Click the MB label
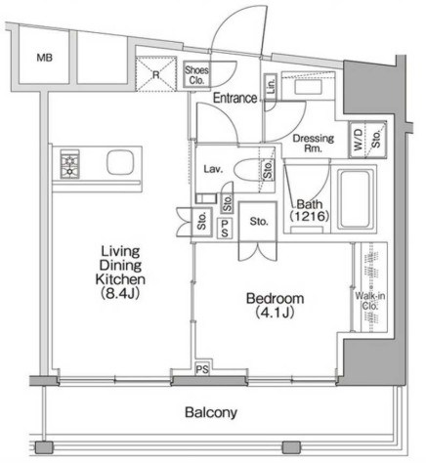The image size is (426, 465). (45, 58)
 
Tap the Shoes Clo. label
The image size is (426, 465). (196, 75)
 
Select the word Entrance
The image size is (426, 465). (234, 98)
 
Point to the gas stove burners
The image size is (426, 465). (69, 164)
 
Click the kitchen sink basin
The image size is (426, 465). (120, 162)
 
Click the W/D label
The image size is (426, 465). (358, 140)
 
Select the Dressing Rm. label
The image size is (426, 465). (314, 144)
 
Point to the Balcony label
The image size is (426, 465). (211, 412)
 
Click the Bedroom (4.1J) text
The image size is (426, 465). (275, 305)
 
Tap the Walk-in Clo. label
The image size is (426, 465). (370, 301)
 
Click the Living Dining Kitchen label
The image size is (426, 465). (120, 273)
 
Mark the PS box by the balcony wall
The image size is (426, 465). (202, 369)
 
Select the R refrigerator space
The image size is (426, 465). (156, 74)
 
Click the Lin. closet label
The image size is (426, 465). (271, 86)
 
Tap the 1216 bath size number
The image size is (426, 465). (309, 216)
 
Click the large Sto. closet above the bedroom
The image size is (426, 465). (258, 222)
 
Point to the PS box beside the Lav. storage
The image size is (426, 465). (225, 229)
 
